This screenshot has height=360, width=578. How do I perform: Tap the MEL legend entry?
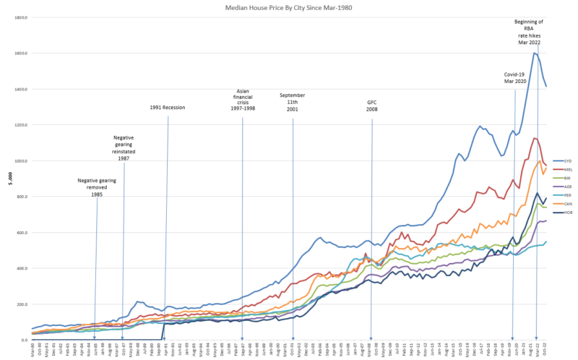(567, 169)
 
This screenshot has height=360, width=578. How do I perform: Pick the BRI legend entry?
(567, 178)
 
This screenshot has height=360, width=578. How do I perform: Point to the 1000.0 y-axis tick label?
(20, 161)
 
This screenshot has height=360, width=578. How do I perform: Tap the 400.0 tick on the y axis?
(21, 268)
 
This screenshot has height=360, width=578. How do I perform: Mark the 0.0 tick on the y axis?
(23, 340)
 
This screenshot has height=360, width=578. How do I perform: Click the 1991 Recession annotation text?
(168, 108)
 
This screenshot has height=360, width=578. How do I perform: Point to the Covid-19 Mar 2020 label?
(514, 77)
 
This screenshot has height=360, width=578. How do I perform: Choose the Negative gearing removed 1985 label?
(96, 187)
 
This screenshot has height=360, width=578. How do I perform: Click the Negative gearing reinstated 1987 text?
(124, 147)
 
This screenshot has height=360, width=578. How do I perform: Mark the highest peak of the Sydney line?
(535, 53)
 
